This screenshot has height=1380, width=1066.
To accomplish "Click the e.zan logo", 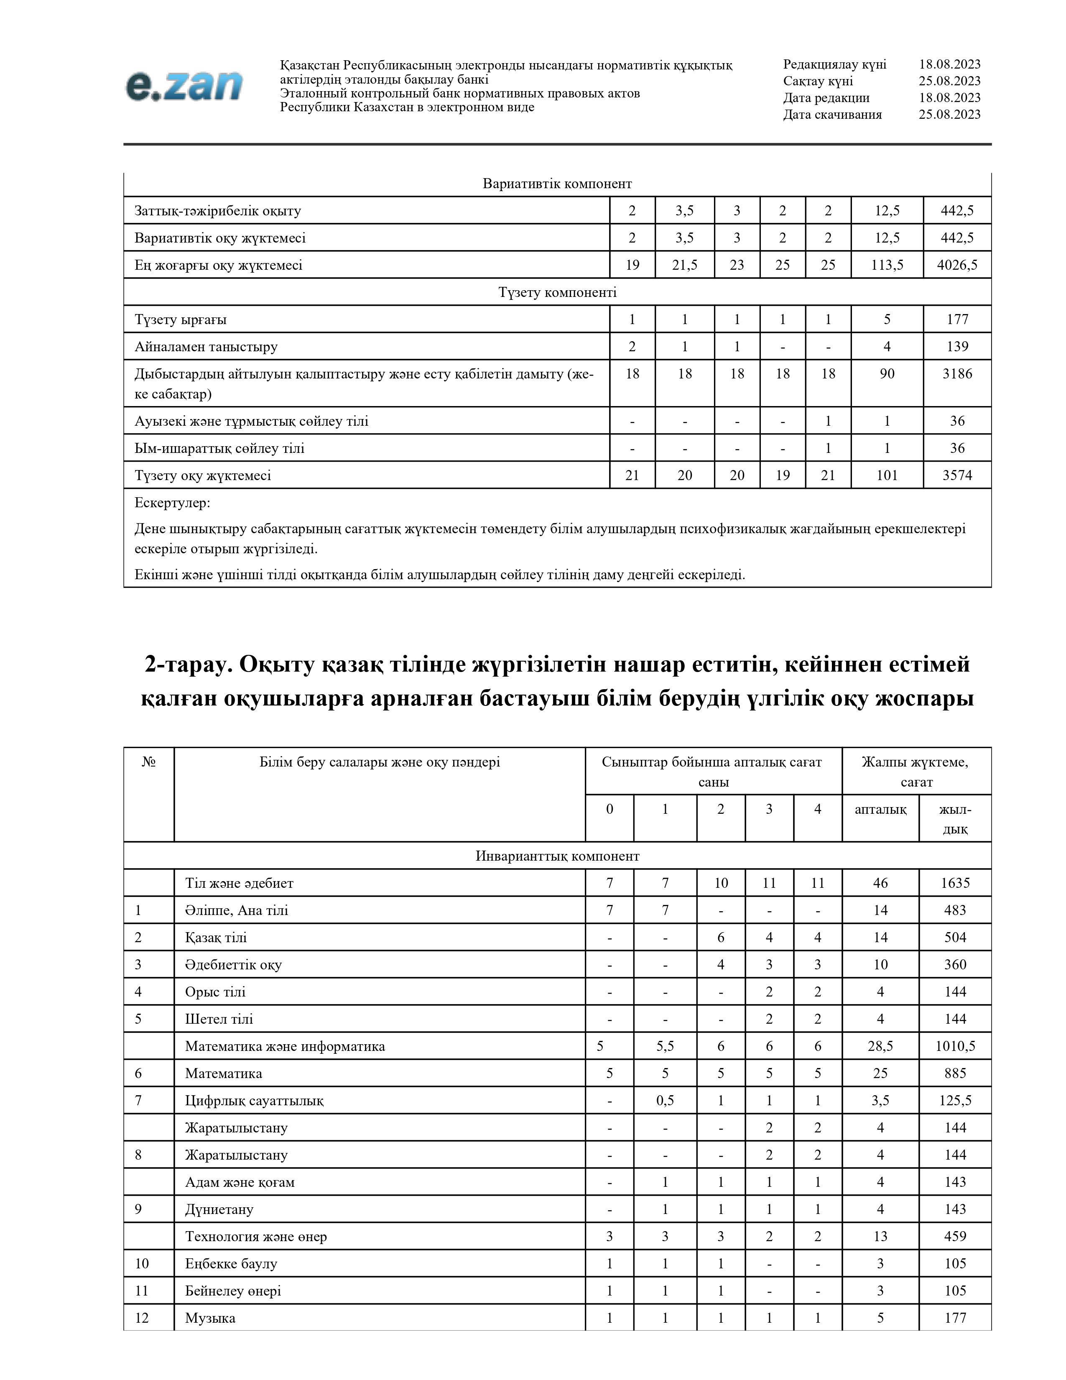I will pyautogui.click(x=184, y=86).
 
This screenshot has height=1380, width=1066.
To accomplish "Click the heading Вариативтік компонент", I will pyautogui.click(x=557, y=184).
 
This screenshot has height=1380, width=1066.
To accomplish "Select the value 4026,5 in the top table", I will pyautogui.click(x=957, y=265).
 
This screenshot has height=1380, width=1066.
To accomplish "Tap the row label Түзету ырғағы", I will pyautogui.click(x=181, y=320).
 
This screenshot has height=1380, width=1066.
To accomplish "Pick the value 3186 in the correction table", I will pyautogui.click(x=957, y=373).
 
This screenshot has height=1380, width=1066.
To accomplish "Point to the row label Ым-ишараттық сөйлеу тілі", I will pyautogui.click(x=219, y=449).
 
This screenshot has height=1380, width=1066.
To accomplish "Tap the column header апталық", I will pyautogui.click(x=880, y=810).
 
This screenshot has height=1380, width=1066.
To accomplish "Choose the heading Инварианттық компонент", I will pyautogui.click(x=557, y=856).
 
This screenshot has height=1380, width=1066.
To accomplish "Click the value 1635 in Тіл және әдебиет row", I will pyautogui.click(x=955, y=883).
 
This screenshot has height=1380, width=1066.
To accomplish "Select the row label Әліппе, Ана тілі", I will pyautogui.click(x=236, y=910).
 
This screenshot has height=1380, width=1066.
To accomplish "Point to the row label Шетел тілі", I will pyautogui.click(x=219, y=1019).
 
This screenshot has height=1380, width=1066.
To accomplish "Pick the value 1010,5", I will pyautogui.click(x=955, y=1046).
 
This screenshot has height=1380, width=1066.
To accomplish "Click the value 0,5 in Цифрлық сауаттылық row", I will pyautogui.click(x=665, y=1101).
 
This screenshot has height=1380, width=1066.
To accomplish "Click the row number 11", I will pyautogui.click(x=142, y=1291).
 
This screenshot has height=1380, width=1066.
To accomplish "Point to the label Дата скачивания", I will pyautogui.click(x=832, y=114).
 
